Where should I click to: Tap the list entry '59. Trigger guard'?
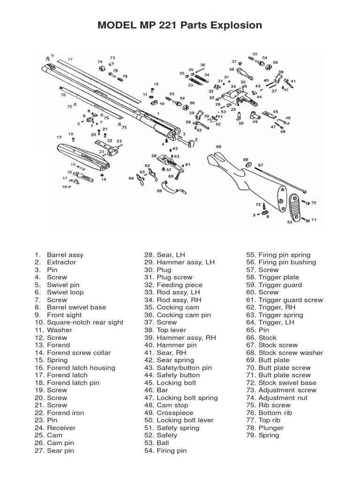point(274,285)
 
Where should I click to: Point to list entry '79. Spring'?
point(262,435)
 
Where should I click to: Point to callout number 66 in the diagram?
point(218,147)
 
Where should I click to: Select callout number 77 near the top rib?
point(70,60)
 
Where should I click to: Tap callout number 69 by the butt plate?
point(290,222)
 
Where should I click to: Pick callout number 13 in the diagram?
point(59,137)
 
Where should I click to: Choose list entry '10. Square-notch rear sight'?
point(79,322)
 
